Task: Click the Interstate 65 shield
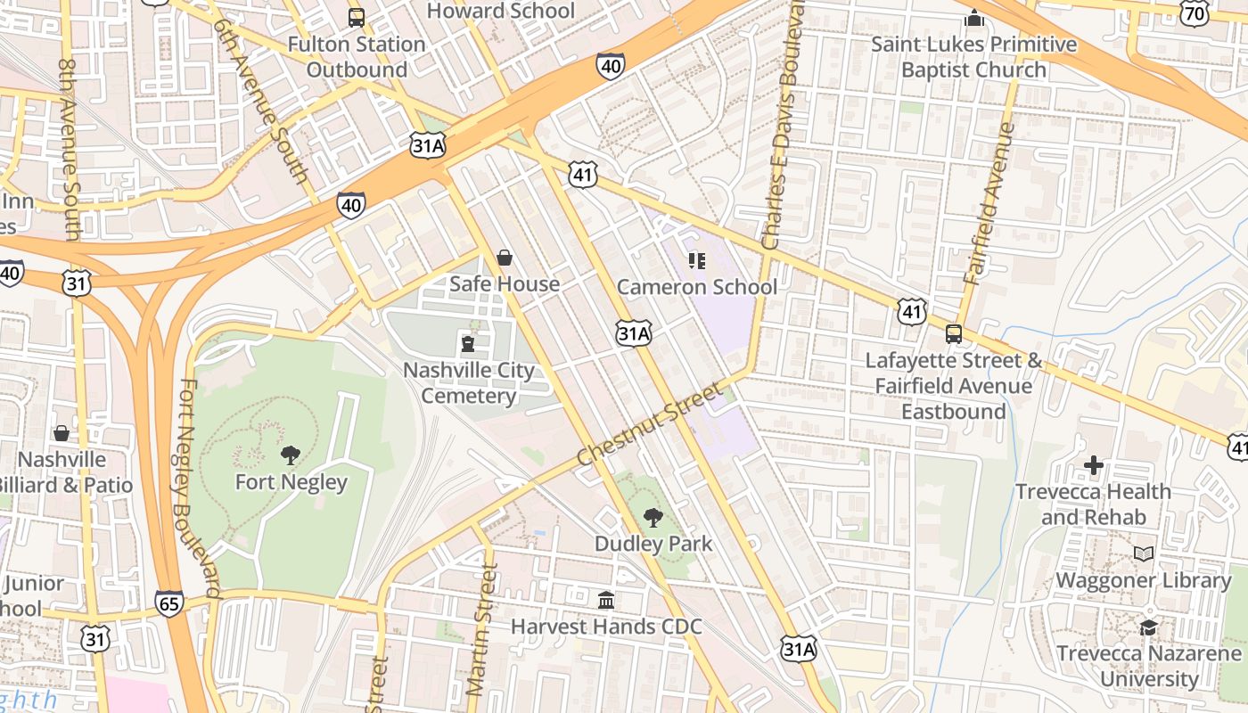[169, 603]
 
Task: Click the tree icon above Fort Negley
[290, 455]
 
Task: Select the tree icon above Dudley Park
[653, 517]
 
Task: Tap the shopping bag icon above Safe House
[505, 258]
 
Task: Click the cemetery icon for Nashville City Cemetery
[467, 343]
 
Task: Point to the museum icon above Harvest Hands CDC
[606, 600]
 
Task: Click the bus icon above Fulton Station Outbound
[356, 17]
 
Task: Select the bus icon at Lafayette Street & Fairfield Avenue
[954, 334]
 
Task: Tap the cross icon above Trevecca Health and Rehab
[1094, 465]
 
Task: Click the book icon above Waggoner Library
[1144, 553]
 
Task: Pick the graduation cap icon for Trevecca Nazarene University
[1149, 627]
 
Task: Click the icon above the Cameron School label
[697, 261]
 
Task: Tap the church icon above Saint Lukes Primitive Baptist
[974, 18]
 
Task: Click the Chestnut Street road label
[648, 425]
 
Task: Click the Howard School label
[501, 11]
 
